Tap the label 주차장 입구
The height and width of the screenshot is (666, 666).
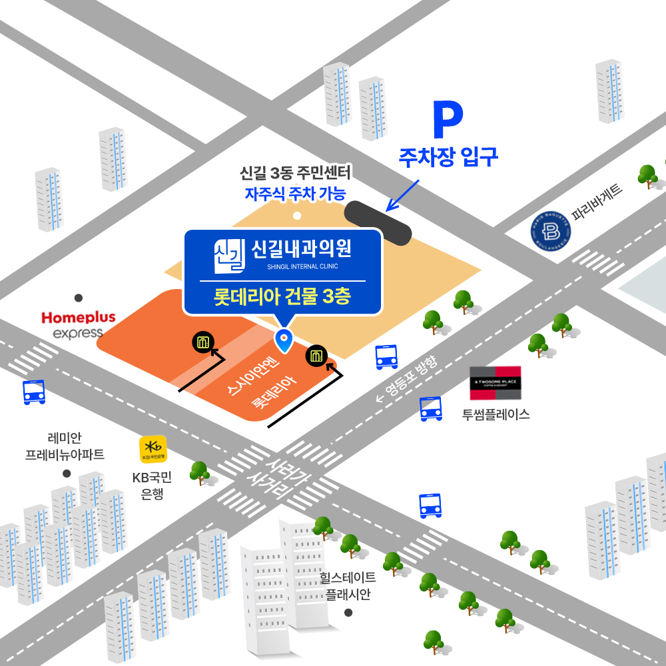(448, 157)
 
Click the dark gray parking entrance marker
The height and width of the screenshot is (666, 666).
(379, 222)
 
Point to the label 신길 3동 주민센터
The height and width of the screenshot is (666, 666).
(295, 175)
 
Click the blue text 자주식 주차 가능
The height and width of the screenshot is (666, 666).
(295, 194)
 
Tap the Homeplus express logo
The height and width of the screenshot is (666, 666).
(79, 324)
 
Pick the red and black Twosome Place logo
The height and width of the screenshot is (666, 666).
(496, 383)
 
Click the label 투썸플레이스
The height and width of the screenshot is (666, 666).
(496, 414)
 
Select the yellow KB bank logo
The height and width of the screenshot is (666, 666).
(153, 449)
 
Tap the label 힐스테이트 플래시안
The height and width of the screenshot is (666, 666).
(348, 585)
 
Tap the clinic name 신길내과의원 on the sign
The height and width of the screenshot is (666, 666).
(301, 250)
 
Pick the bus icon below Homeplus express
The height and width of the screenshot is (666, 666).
(34, 392)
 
